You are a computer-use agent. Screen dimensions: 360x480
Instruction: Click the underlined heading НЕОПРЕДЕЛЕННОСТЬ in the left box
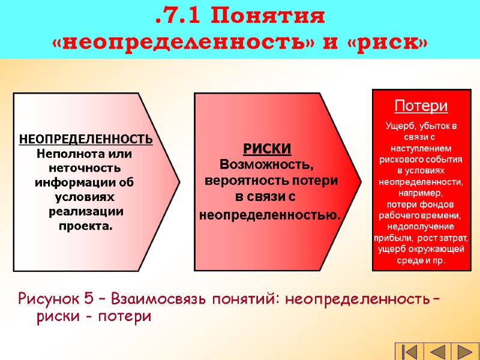click(x=86, y=140)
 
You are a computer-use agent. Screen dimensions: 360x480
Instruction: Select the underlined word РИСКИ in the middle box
click(x=267, y=149)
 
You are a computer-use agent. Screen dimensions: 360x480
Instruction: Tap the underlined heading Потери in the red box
click(x=421, y=107)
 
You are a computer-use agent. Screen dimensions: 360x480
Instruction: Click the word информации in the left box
click(x=76, y=182)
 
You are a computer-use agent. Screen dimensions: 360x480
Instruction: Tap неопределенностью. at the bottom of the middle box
click(x=269, y=214)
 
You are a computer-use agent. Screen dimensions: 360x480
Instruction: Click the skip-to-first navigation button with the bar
click(x=409, y=352)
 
